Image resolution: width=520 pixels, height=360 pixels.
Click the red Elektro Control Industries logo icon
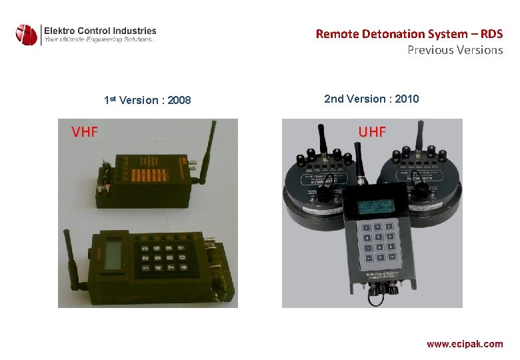[x=27, y=35]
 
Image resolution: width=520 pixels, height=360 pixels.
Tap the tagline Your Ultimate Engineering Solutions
[x=99, y=40]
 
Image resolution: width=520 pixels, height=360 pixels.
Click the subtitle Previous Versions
[x=455, y=50]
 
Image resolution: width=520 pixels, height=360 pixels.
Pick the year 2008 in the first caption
[x=179, y=101]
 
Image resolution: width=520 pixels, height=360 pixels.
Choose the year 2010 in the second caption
[x=407, y=99]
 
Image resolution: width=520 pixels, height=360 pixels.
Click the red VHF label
[x=85, y=131]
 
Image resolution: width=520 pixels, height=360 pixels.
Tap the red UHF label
[x=372, y=131]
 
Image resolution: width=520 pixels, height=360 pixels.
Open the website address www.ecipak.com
[x=465, y=344]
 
